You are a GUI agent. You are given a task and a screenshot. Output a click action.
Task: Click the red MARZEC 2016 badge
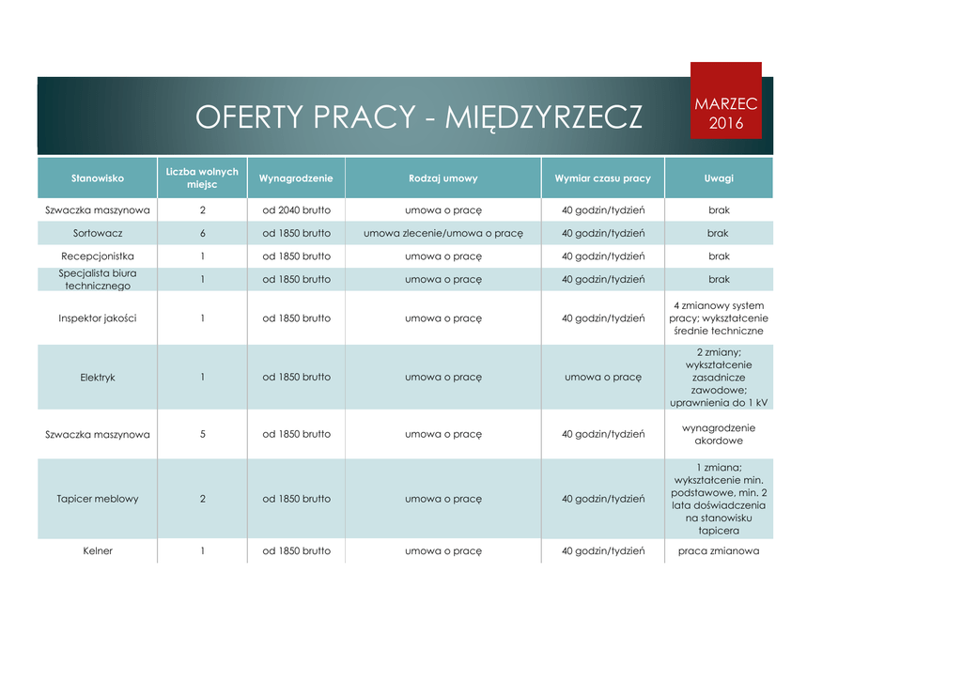point(725,113)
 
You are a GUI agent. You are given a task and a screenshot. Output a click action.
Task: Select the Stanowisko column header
point(98,178)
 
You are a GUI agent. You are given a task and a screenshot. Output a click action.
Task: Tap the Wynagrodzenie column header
point(296,178)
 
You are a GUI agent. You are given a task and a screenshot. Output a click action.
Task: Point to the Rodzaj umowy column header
point(442,178)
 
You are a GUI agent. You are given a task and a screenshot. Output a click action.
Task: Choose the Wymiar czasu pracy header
point(602,178)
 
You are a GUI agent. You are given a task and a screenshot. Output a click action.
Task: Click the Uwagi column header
point(719,178)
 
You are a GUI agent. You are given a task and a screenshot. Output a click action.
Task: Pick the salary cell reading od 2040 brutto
point(296,210)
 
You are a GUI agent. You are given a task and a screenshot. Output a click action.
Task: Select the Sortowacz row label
point(98,233)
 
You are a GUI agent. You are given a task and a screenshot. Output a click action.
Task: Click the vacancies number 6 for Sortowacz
point(202,233)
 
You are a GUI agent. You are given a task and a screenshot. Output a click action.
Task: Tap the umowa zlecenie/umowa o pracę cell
point(442,233)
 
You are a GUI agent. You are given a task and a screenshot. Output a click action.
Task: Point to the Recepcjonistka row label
point(98,255)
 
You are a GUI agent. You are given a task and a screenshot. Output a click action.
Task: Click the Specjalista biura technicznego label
point(98,279)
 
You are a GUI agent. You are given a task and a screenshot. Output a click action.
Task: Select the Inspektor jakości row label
point(98,318)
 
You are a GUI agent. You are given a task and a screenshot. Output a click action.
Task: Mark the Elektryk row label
point(98,377)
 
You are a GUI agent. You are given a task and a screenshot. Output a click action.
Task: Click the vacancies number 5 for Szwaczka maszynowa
point(202,434)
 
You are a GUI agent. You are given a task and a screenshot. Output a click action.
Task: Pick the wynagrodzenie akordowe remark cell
point(719,434)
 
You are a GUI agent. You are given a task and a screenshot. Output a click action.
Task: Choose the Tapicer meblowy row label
point(98,499)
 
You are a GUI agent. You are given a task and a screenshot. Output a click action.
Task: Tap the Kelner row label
point(98,550)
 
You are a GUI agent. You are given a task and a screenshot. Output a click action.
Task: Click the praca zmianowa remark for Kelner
point(719,550)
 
